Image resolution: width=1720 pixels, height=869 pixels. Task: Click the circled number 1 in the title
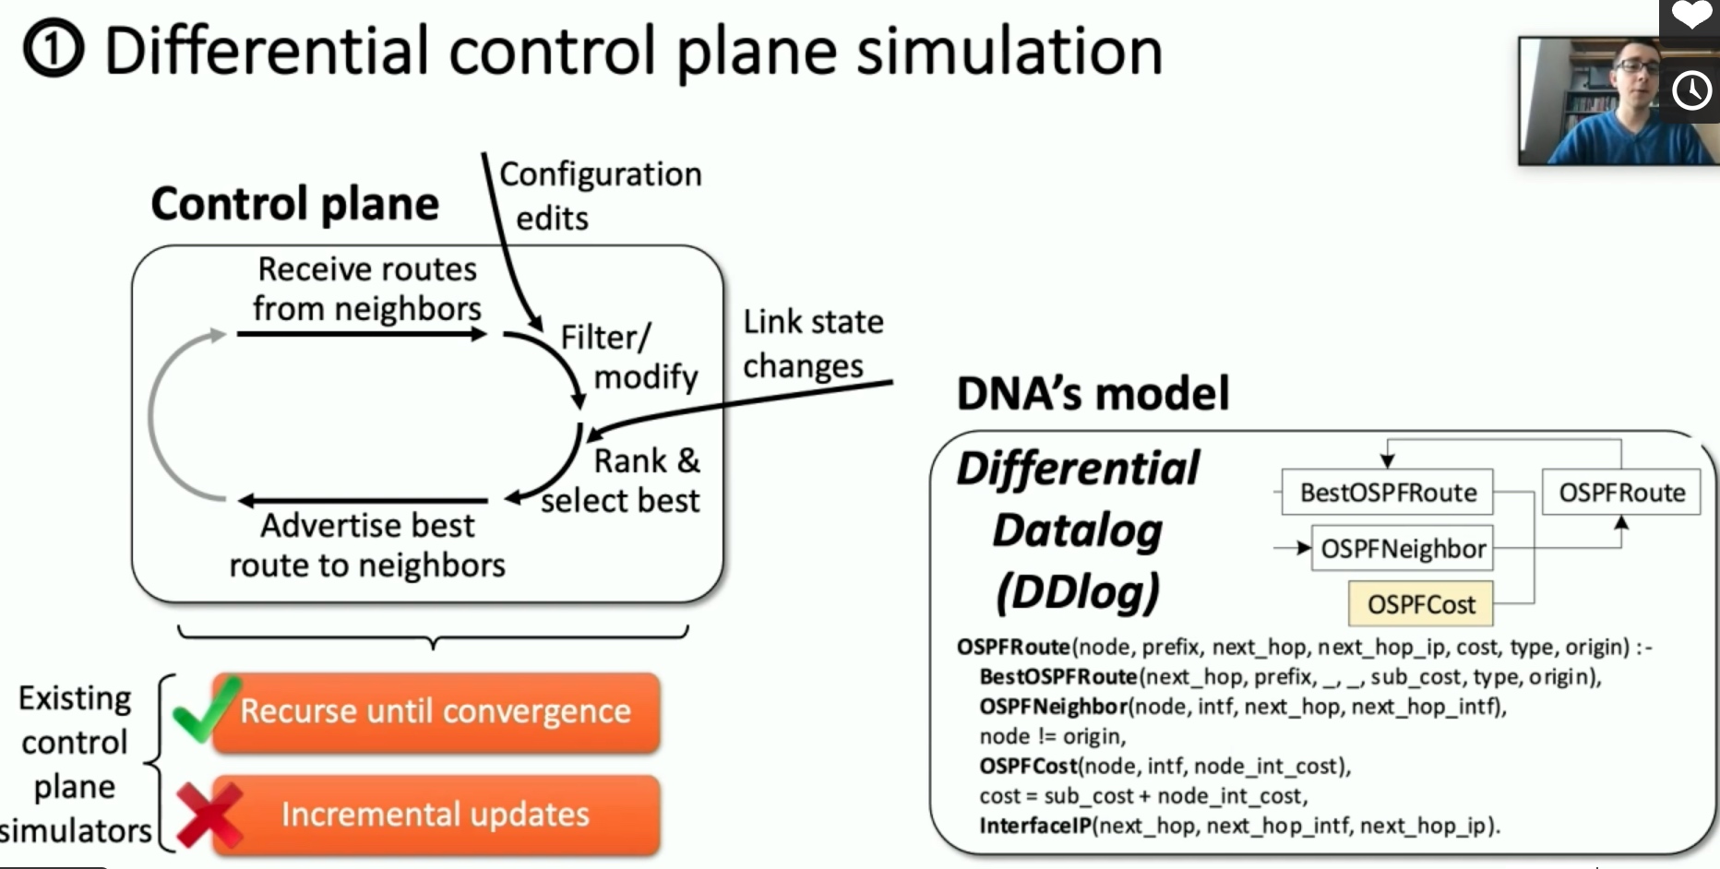[x=54, y=50]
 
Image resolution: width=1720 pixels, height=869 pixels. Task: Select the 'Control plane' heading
[x=295, y=204]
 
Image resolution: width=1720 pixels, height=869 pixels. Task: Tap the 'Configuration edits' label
[x=600, y=196]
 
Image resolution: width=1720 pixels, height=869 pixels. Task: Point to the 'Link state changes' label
[x=813, y=343]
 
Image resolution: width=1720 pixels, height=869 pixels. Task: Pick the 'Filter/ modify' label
[x=629, y=357]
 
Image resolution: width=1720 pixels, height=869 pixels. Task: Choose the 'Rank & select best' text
[x=620, y=481]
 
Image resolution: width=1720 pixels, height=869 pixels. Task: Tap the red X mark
[x=209, y=814]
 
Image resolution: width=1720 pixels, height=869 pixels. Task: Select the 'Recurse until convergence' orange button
[x=436, y=711]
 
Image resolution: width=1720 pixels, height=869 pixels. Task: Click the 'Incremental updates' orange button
[x=436, y=815]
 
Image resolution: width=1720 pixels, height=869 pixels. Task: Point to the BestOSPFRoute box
[x=1388, y=493]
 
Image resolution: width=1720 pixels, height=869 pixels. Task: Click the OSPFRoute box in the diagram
[x=1621, y=493]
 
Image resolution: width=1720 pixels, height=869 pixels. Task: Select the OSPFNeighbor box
[x=1403, y=549]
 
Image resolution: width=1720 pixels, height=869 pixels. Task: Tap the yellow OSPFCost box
[x=1421, y=604]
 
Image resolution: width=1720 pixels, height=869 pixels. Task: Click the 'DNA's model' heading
[x=1093, y=393]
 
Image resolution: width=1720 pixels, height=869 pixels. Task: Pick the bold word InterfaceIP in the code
[x=1035, y=825]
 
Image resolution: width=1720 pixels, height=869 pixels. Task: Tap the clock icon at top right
[x=1691, y=90]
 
